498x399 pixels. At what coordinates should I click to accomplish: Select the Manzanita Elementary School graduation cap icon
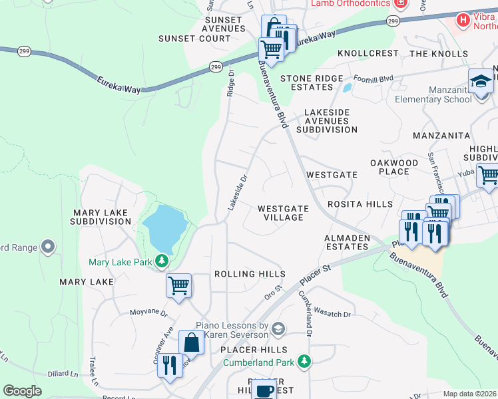point(480,82)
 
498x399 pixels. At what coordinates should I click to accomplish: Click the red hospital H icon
point(463,21)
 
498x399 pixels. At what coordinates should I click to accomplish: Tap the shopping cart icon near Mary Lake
point(178,285)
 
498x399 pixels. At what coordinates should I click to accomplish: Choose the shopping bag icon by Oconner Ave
point(191,342)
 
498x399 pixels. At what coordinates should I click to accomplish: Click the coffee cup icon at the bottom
point(264,390)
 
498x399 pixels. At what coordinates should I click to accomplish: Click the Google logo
point(22,391)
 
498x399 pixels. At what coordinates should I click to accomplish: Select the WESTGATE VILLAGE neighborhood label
point(283,213)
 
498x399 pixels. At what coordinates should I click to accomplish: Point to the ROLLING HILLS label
point(250,274)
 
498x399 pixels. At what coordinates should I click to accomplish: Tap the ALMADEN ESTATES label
point(346,242)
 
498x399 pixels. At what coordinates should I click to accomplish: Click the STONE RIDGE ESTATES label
point(306,82)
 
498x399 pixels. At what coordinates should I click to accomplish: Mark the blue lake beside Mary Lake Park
point(164,225)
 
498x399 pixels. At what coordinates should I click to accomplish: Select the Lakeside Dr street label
point(237,193)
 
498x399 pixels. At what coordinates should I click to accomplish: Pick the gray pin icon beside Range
point(47,247)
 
